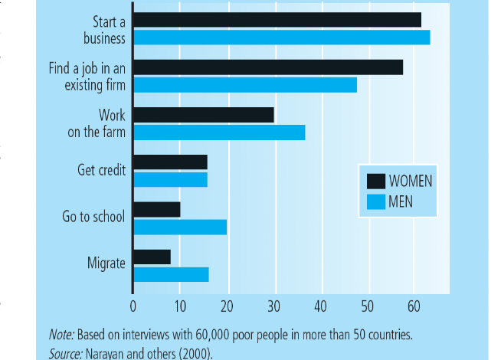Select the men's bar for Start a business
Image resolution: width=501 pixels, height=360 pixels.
click(x=281, y=38)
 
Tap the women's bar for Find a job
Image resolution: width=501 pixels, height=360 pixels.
click(x=268, y=67)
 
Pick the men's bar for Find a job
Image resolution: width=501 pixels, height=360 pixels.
click(x=245, y=84)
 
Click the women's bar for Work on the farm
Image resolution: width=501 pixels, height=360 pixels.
click(x=204, y=115)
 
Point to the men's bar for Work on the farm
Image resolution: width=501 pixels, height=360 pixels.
click(x=219, y=133)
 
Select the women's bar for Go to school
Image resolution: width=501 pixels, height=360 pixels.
click(x=157, y=210)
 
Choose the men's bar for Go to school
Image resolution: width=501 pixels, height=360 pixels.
click(x=180, y=227)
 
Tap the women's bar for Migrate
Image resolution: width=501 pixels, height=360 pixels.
click(x=152, y=257)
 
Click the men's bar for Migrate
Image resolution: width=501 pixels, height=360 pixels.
click(x=171, y=274)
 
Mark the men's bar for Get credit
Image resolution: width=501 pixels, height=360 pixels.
click(x=170, y=180)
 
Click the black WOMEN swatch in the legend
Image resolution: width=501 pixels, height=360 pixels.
click(x=375, y=181)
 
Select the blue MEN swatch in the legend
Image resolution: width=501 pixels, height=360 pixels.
click(x=375, y=202)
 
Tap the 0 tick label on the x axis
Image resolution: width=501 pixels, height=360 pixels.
click(x=133, y=305)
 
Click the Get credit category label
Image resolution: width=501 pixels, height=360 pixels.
click(x=102, y=170)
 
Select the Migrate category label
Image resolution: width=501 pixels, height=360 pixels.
click(x=106, y=263)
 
